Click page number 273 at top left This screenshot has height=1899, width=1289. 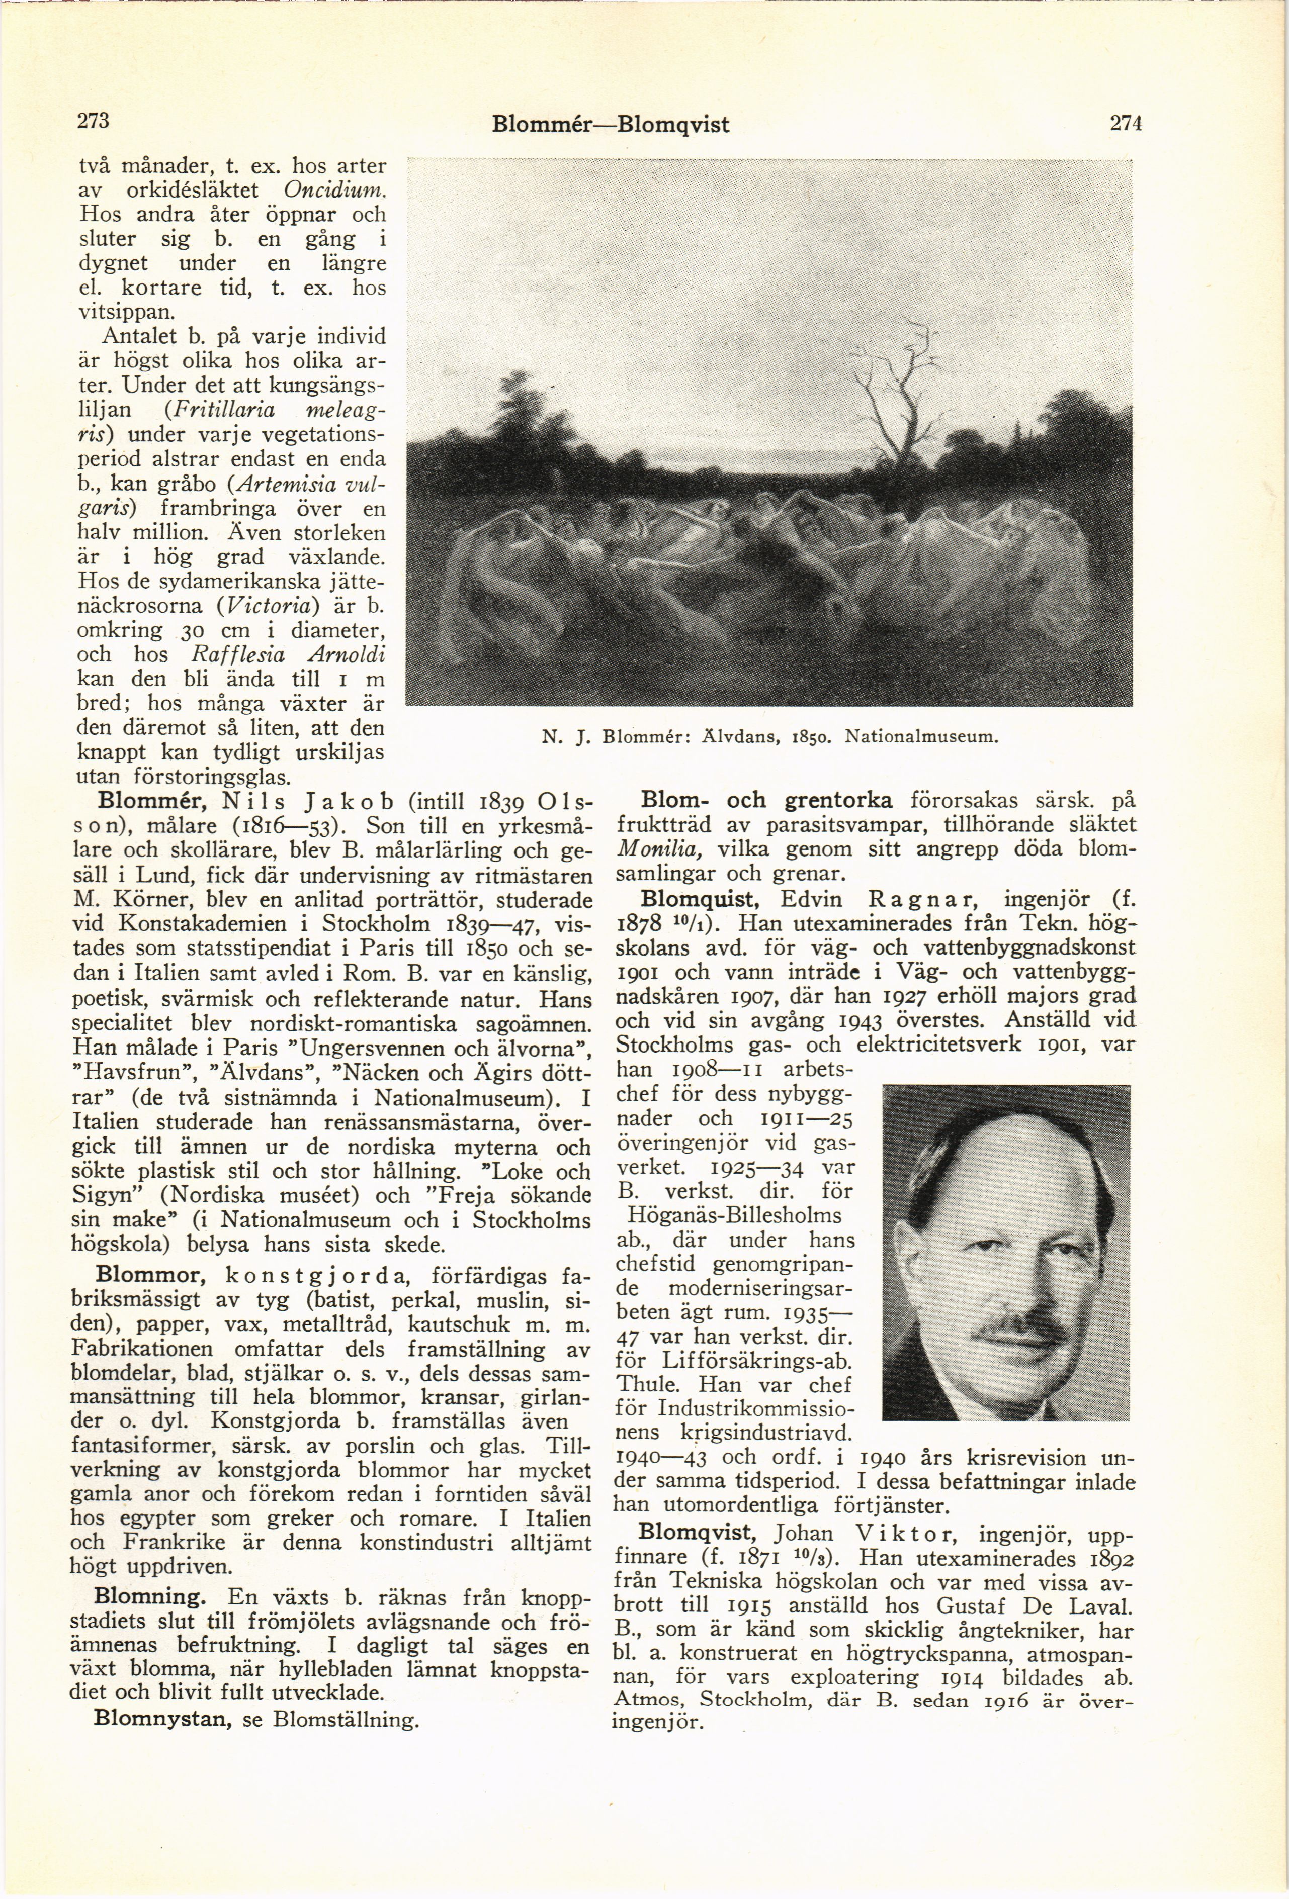(x=93, y=121)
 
